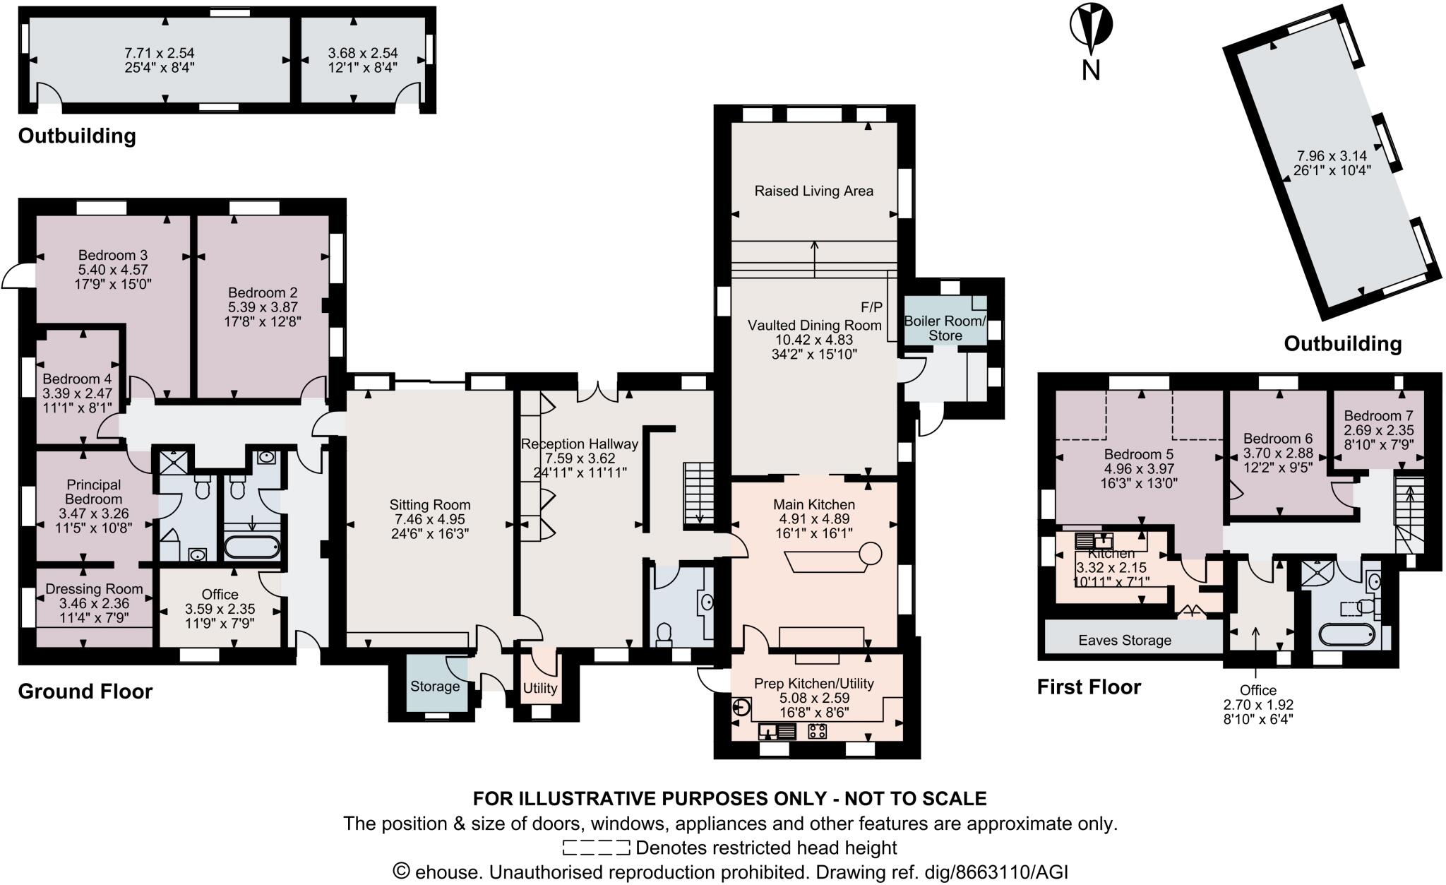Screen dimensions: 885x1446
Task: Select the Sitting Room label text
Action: pyautogui.click(x=429, y=505)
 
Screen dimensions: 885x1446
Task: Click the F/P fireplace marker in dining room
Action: pyautogui.click(x=871, y=307)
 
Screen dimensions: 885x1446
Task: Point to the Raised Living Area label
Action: pyautogui.click(x=813, y=191)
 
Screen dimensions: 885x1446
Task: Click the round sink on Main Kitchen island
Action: pyautogui.click(x=871, y=553)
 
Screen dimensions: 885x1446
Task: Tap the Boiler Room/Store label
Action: pyautogui.click(x=945, y=328)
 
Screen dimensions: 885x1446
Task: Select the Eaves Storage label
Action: pyautogui.click(x=1124, y=640)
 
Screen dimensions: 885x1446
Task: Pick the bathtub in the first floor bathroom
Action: pyautogui.click(x=1346, y=635)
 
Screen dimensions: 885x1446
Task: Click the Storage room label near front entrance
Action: pyautogui.click(x=434, y=687)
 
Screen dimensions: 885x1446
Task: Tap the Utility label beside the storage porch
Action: pyautogui.click(x=540, y=687)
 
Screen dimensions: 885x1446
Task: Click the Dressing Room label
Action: pyautogui.click(x=94, y=589)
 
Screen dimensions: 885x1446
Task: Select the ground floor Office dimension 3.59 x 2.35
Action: pyautogui.click(x=220, y=609)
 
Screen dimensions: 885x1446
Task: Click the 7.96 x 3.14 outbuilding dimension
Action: pyautogui.click(x=1330, y=155)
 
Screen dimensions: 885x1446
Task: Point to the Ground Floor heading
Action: pyautogui.click(x=85, y=691)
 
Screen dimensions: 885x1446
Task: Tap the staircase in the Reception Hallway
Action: pyautogui.click(x=698, y=494)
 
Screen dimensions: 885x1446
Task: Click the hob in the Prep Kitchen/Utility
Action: pyautogui.click(x=818, y=732)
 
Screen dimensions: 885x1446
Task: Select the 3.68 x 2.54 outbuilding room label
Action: pyautogui.click(x=362, y=53)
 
